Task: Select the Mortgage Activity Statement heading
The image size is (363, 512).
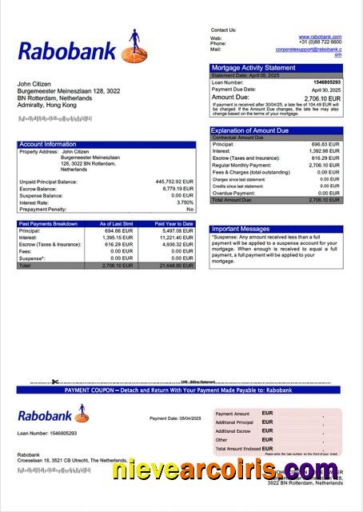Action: [253, 68]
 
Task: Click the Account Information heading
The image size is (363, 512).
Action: [47, 144]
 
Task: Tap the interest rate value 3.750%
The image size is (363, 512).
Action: [185, 202]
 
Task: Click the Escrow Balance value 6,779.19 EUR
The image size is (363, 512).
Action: [177, 188]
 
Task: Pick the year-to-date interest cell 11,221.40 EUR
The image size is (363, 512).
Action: [174, 238]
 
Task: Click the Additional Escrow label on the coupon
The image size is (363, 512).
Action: [233, 430]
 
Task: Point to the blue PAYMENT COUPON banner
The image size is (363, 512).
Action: [181, 394]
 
